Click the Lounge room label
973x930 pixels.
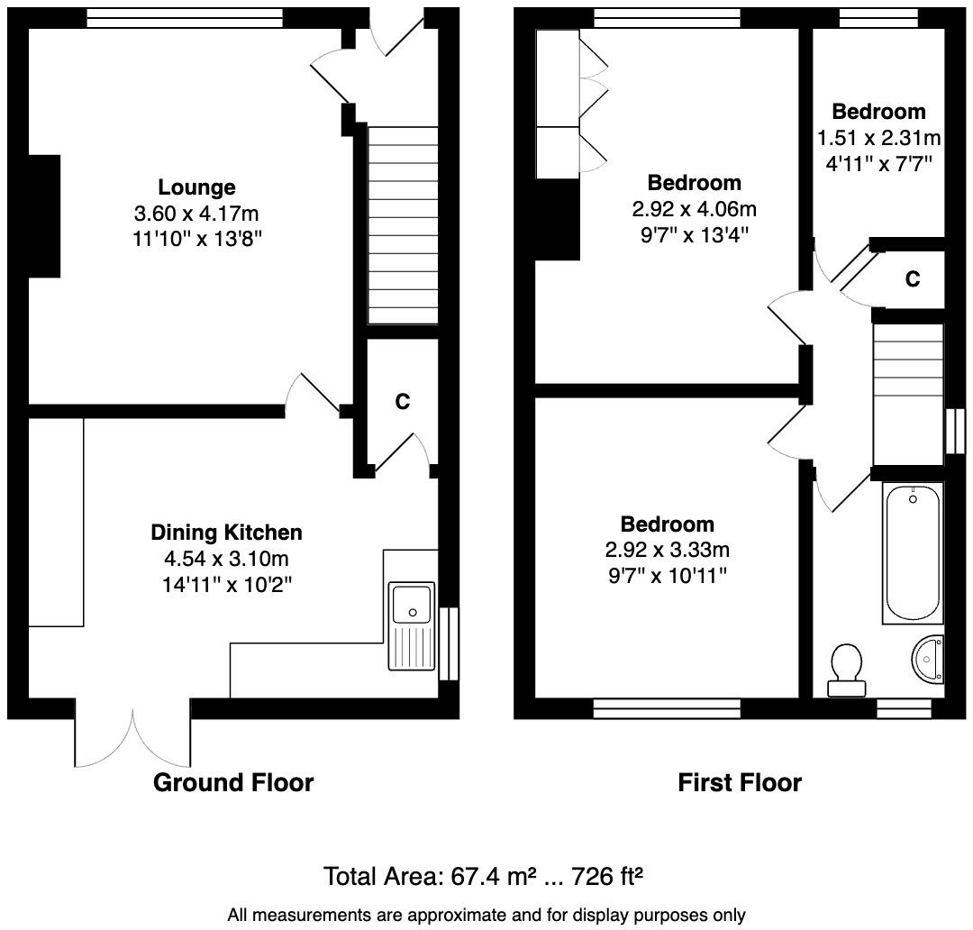[x=196, y=187]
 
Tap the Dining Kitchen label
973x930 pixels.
[x=226, y=532]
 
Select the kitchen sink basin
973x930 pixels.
[x=412, y=602]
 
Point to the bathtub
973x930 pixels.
[x=913, y=552]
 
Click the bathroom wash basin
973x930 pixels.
[x=928, y=658]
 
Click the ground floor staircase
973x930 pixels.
[x=403, y=224]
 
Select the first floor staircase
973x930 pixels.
[x=907, y=395]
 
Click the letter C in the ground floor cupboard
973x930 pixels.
[x=402, y=402]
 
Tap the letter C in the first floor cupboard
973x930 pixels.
[x=913, y=279]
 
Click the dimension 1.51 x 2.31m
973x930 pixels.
[x=878, y=138]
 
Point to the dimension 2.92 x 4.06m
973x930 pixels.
[x=694, y=210]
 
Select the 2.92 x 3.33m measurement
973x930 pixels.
[x=667, y=550]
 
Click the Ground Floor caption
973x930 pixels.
[x=233, y=782]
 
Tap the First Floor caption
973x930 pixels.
[x=739, y=782]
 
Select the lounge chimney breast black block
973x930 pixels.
[x=44, y=215]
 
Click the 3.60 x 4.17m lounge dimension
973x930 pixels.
[x=196, y=214]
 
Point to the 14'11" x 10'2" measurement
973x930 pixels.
[x=226, y=584]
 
